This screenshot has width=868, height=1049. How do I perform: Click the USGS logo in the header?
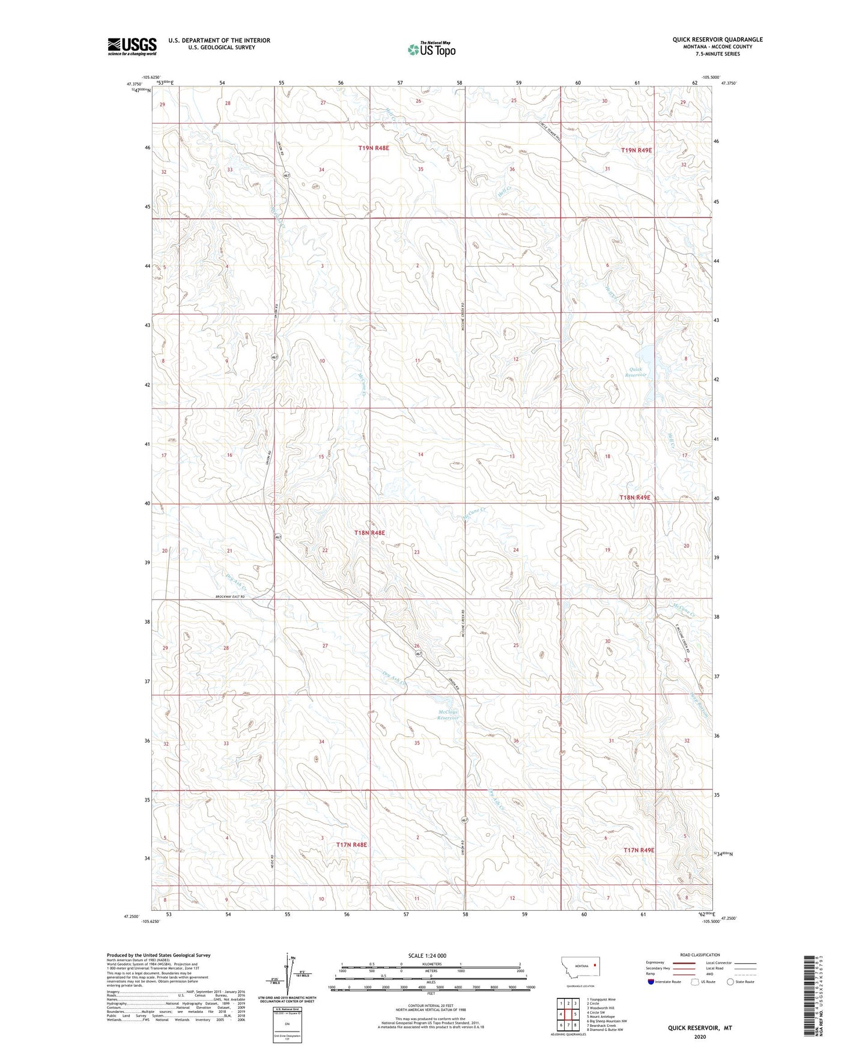(x=132, y=46)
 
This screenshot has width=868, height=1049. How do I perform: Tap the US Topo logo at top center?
(x=430, y=49)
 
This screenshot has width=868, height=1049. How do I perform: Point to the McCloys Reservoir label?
(x=448, y=715)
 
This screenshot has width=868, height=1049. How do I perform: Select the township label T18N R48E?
(x=369, y=532)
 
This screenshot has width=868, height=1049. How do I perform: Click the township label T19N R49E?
(x=636, y=150)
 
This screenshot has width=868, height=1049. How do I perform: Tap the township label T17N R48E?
(x=351, y=845)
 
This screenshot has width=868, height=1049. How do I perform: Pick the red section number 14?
(x=420, y=454)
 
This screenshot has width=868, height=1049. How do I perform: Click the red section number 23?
(x=416, y=552)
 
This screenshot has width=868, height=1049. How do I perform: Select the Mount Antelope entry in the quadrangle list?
(x=602, y=1017)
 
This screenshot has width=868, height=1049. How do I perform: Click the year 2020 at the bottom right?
(x=700, y=1036)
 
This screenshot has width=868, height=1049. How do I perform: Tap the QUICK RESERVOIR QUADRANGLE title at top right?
(x=717, y=40)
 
